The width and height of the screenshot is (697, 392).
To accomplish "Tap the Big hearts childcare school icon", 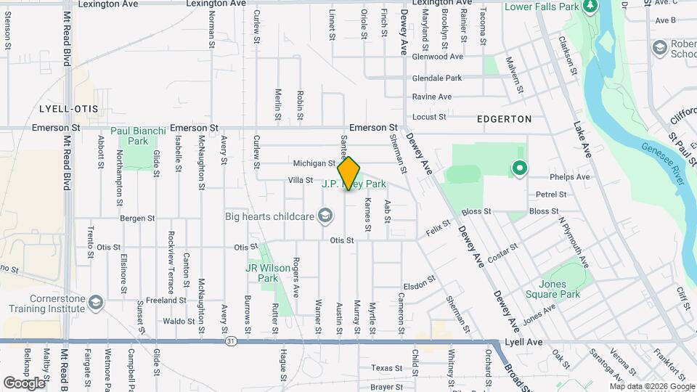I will point(326,216).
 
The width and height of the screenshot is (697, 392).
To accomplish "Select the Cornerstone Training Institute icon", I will point(95,301).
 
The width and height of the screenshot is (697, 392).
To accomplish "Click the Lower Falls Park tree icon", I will point(590,7).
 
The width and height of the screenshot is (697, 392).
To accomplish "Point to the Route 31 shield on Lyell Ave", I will point(232,341).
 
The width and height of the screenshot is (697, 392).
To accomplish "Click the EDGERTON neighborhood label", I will point(504,118).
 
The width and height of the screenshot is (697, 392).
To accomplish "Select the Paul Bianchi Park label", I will point(138,136).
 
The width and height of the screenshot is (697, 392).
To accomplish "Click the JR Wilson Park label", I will point(268,273).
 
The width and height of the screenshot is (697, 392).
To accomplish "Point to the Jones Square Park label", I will point(560,289).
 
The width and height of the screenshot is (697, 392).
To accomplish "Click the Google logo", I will point(25,383).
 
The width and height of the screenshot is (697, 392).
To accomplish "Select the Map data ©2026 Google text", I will point(652,386).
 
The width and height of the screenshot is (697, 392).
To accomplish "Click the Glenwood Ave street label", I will point(437,57).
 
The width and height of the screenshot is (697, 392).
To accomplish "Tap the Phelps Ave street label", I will point(570,176).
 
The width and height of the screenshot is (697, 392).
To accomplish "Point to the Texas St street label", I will point(386,368).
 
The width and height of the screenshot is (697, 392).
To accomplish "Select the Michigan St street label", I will point(314,164).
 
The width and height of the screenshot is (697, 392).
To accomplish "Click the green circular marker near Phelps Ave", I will point(519,168).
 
